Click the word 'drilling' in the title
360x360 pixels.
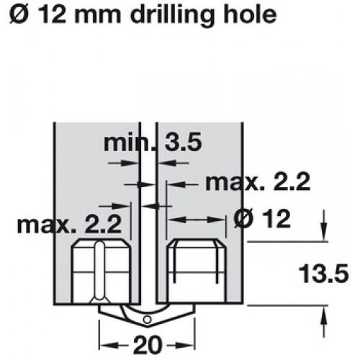[171, 16]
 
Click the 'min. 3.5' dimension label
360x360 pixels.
[153, 143]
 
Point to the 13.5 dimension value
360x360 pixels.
[323, 274]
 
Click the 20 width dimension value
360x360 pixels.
[147, 345]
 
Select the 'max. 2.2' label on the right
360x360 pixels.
[258, 182]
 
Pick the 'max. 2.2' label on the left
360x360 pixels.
[69, 225]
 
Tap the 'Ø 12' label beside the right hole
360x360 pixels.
[262, 219]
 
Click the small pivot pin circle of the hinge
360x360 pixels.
[147, 320]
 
